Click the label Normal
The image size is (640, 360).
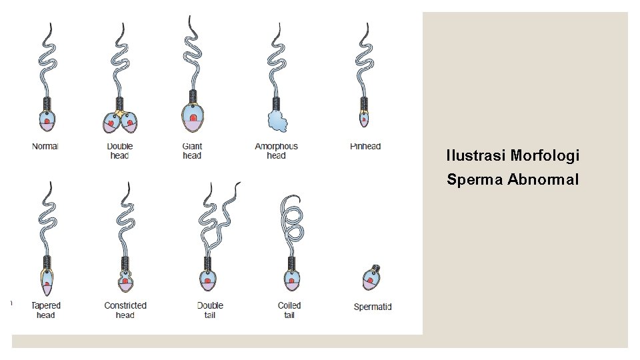(45, 146)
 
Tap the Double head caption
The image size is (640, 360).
(120, 151)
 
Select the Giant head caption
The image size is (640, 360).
(192, 151)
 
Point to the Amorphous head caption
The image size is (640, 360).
(276, 151)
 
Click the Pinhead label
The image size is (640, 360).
(365, 146)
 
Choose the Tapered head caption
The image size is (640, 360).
(46, 310)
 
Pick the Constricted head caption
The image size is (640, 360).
(125, 310)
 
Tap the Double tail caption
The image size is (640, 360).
(210, 310)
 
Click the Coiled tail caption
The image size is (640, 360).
(289, 310)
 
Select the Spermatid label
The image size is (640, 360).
(372, 307)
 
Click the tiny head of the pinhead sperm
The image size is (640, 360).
(364, 119)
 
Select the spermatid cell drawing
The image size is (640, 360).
(371, 278)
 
